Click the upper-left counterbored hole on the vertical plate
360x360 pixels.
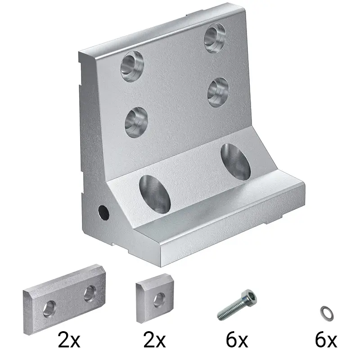click(x=132, y=66)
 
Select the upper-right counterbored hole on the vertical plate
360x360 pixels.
click(x=215, y=38)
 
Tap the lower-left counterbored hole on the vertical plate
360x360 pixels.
click(x=136, y=122)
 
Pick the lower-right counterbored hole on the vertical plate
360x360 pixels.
click(x=218, y=92)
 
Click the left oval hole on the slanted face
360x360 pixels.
click(x=155, y=194)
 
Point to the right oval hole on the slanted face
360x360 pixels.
click(x=235, y=162)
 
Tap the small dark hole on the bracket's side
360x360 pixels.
click(x=103, y=212)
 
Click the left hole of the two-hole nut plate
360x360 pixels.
click(x=49, y=309)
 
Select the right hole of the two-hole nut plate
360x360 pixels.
click(x=90, y=294)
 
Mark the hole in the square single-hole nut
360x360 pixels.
click(x=159, y=300)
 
